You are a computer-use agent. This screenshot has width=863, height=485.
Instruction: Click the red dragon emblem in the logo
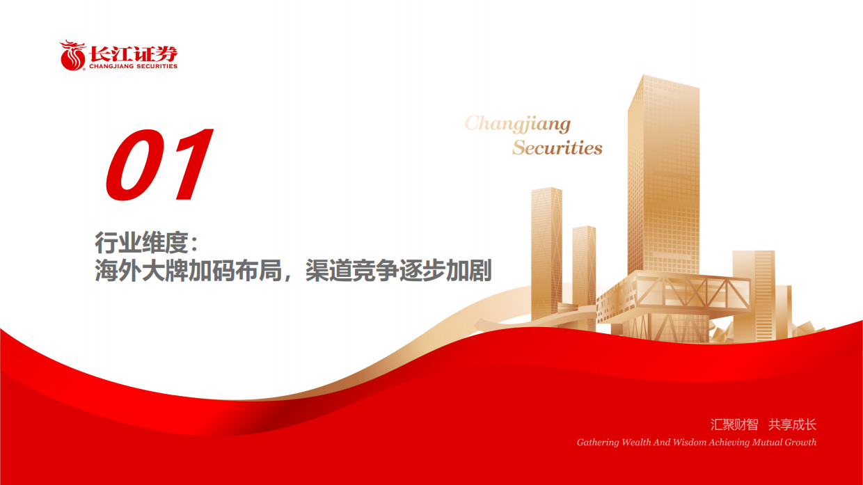click(72, 56)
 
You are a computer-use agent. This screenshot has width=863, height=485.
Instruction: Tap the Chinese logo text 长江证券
click(134, 54)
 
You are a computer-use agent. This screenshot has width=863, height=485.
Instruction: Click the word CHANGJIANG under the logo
click(111, 66)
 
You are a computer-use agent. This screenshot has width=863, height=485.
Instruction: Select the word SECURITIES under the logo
click(157, 66)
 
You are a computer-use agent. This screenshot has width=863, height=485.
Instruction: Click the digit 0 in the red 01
click(135, 165)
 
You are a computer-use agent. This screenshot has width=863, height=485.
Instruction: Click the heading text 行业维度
click(141, 243)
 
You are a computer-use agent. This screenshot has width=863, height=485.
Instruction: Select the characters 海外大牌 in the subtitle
click(141, 271)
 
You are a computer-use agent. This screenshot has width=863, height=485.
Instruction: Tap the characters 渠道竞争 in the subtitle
click(351, 271)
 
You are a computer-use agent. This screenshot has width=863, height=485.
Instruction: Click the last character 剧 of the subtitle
click(480, 271)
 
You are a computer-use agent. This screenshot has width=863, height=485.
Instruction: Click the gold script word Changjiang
click(518, 124)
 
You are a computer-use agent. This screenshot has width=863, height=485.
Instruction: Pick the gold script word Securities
click(557, 148)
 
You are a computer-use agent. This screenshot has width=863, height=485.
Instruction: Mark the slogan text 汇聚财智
click(734, 424)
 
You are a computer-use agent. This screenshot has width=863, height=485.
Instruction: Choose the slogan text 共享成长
click(793, 424)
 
